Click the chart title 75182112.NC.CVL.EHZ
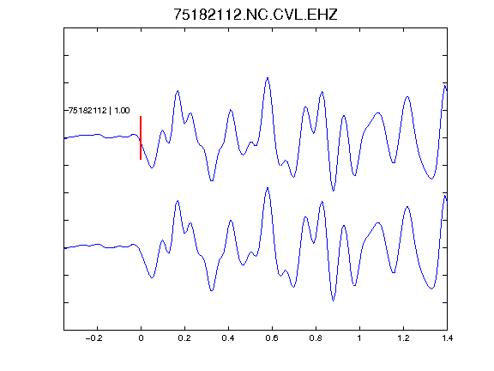[x=256, y=15]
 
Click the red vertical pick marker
[x=141, y=138]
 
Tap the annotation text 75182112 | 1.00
[x=99, y=111]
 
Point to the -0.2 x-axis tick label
[x=94, y=338]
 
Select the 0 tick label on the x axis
[x=141, y=338]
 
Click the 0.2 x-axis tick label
[x=184, y=338]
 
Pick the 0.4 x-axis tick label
[x=228, y=338]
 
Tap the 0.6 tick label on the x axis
[x=272, y=338]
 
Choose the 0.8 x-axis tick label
[x=316, y=338]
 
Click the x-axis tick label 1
[x=359, y=338]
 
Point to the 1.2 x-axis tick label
[x=403, y=338]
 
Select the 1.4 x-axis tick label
[x=447, y=338]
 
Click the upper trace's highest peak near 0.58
[x=268, y=77]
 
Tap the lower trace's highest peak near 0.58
[x=268, y=188]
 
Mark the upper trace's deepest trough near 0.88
[x=334, y=191]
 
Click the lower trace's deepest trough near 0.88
[x=334, y=301]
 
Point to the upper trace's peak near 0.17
[x=178, y=91]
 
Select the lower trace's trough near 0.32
[x=212, y=290]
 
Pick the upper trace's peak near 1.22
[x=407, y=96]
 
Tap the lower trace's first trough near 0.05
[x=152, y=277]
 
